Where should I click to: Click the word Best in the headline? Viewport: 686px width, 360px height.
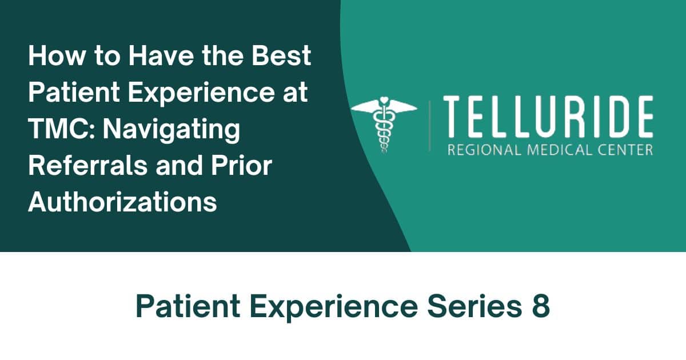281,55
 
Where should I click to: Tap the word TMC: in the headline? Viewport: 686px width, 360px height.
62,129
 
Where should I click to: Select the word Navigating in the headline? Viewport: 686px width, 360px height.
171,131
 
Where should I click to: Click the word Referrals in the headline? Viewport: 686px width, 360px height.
88,166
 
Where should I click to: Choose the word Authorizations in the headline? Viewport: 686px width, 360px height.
122,202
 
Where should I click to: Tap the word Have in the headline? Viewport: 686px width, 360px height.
161,55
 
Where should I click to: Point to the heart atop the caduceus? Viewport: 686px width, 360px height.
384,100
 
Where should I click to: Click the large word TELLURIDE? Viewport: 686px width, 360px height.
548,117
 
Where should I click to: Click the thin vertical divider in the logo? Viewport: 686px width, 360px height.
430,126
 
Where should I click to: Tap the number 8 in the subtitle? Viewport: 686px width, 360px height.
541,306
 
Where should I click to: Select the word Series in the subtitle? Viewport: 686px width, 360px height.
474,306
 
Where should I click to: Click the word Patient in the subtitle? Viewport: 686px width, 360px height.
188,306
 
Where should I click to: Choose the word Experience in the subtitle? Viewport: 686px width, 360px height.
334,308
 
